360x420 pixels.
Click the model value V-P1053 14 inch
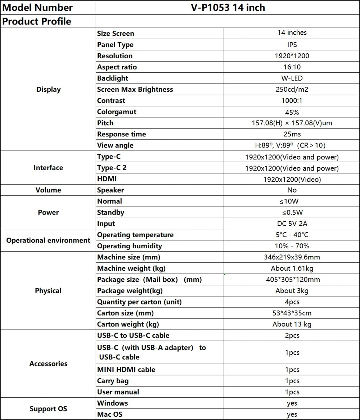(228, 7)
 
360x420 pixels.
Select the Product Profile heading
(37, 21)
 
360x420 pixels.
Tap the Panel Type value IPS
(292, 45)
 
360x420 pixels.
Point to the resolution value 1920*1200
(292, 56)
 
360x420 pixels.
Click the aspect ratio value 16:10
(292, 67)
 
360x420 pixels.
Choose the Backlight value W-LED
(292, 78)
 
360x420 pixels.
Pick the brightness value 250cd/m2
(292, 89)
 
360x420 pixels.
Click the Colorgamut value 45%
(292, 112)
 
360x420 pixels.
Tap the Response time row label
(122, 134)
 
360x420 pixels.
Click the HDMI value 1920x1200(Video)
(292, 179)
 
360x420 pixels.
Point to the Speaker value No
(292, 190)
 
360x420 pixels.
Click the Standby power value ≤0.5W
(292, 212)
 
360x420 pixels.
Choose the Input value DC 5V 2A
(292, 223)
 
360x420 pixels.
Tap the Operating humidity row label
(130, 246)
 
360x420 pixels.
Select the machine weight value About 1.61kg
(292, 268)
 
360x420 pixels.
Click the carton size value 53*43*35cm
(292, 313)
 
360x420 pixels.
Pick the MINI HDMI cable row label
(126, 370)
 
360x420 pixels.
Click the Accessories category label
(48, 363)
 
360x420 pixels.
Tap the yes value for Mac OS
(292, 415)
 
